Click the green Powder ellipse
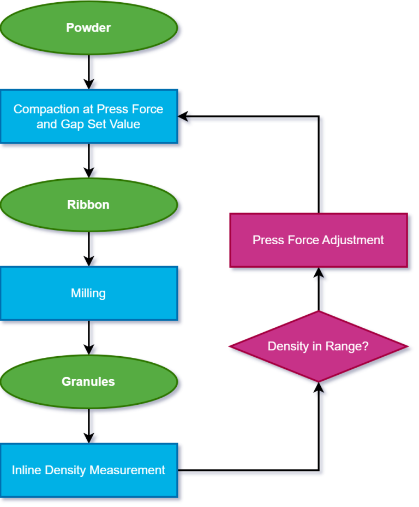(88, 27)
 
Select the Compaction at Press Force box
(88, 116)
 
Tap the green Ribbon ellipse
(88, 204)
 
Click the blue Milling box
(88, 293)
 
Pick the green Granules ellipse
(88, 381)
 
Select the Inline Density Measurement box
(88, 470)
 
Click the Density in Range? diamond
(318, 346)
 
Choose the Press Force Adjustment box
(318, 240)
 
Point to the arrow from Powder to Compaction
(88, 72)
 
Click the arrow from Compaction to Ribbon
(88, 160)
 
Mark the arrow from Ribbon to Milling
(88, 249)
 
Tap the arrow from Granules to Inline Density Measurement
(88, 426)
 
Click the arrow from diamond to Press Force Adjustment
(318, 289)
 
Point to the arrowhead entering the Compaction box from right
(184, 116)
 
